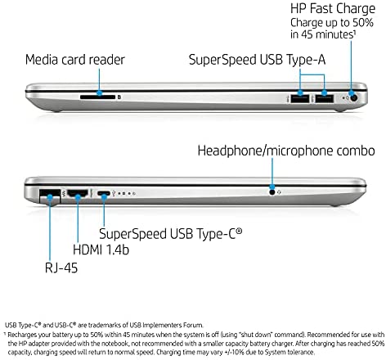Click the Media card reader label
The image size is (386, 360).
coord(75,60)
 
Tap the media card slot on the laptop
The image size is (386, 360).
coord(98,97)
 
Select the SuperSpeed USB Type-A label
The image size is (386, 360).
coord(257,60)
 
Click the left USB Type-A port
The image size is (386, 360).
coord(300,98)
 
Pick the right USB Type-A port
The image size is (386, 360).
coord(325,98)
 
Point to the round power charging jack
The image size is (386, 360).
coord(353,97)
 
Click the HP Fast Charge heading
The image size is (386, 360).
coord(333,9)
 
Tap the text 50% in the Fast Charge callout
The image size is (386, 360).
coord(363,23)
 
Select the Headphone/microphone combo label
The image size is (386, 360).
coord(286,151)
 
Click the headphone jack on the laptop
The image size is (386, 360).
coord(272,192)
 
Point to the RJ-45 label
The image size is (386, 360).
coord(61,268)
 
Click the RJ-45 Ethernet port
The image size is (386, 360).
coord(50,195)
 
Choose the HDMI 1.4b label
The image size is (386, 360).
coord(101,250)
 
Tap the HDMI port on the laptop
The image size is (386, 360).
coord(78,193)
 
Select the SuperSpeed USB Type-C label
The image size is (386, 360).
coord(170,234)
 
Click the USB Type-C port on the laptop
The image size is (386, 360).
coord(104,193)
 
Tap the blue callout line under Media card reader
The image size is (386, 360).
coord(99,81)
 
